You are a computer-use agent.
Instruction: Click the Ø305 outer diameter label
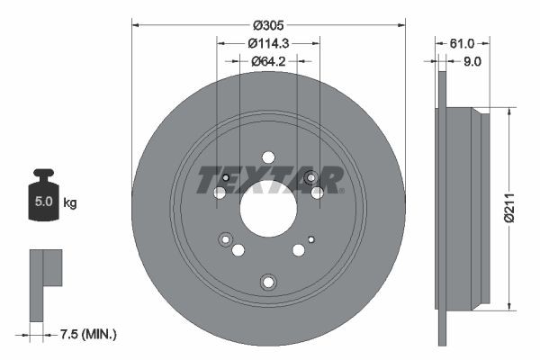[x=268, y=25]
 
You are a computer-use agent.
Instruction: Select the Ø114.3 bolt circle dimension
[x=268, y=42]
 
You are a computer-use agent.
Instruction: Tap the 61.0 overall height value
[x=462, y=42]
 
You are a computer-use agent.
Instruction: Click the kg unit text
[x=71, y=203]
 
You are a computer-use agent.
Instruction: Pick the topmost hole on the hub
[x=267, y=157]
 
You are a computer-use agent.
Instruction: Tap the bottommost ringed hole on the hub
[x=266, y=283]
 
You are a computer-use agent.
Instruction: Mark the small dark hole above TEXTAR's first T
[x=225, y=175]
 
